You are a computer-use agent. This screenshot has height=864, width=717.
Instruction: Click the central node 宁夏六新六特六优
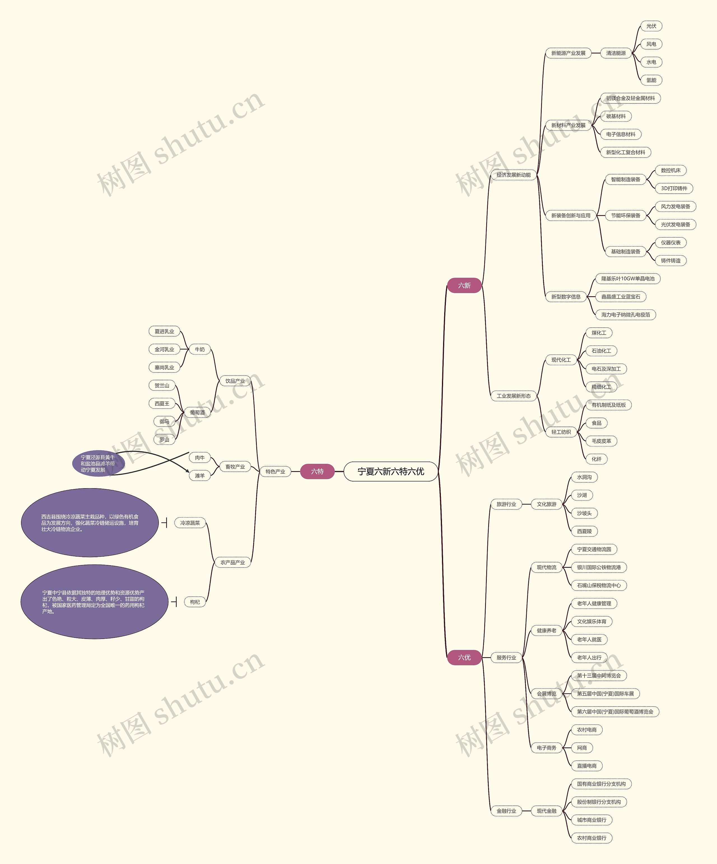(390, 471)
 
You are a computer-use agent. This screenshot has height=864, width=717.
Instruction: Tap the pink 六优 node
(464, 657)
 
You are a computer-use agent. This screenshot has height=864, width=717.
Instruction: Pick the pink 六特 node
(317, 471)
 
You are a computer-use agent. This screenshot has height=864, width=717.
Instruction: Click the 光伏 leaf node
(651, 26)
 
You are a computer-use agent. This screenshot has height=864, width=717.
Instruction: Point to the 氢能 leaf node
(651, 80)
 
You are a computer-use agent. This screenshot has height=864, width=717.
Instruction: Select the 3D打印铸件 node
(674, 188)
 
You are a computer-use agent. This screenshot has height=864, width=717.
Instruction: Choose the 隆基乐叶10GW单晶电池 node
(628, 279)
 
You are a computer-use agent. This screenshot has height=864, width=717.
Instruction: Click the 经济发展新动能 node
(513, 175)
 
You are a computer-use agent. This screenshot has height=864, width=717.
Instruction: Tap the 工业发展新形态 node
(513, 396)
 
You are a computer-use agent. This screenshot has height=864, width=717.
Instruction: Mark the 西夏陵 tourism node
(584, 531)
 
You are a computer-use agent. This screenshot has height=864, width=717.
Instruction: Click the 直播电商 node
(587, 766)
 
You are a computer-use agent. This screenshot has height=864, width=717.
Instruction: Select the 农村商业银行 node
(592, 838)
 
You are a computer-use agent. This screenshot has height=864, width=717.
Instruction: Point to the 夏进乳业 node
(164, 331)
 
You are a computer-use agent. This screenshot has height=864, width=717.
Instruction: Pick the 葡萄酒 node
(197, 412)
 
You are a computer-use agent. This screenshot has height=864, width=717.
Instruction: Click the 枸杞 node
(195, 602)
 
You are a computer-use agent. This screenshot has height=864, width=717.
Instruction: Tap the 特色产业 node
(275, 471)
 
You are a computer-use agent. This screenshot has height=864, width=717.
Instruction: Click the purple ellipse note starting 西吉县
(90, 523)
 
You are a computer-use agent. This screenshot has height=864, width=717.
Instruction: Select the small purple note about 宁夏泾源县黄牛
(98, 463)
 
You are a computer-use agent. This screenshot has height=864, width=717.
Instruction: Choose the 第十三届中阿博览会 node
(599, 676)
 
